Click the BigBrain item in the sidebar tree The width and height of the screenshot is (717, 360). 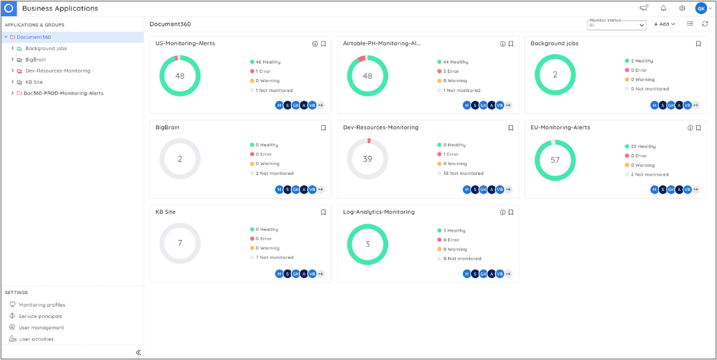pyautogui.click(x=35, y=60)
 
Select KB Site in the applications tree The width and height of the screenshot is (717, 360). pyautogui.click(x=34, y=82)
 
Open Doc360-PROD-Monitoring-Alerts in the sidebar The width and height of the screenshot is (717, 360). pyautogui.click(x=64, y=93)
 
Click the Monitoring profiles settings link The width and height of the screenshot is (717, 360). pyautogui.click(x=41, y=305)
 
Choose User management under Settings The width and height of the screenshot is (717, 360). pyautogui.click(x=41, y=328)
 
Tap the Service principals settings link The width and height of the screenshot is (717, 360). pyautogui.click(x=41, y=317)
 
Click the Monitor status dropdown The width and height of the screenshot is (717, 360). pyautogui.click(x=616, y=25)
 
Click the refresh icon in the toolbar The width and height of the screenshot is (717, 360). pyautogui.click(x=704, y=24)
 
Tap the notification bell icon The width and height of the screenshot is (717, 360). pyautogui.click(x=663, y=8)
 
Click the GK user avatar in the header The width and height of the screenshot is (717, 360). pyautogui.click(x=701, y=8)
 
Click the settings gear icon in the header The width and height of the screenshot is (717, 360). pyautogui.click(x=682, y=8)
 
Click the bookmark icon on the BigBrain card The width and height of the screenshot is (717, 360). pyautogui.click(x=323, y=127)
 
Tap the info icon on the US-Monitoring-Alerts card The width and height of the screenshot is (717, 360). pyautogui.click(x=315, y=43)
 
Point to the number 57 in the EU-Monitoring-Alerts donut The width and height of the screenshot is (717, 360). pyautogui.click(x=555, y=160)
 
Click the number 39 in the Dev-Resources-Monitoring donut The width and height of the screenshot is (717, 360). pyautogui.click(x=368, y=160)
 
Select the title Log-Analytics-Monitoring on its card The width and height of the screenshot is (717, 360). pyautogui.click(x=379, y=212)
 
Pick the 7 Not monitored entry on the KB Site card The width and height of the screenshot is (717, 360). pyautogui.click(x=274, y=258)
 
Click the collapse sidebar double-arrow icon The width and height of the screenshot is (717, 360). pyautogui.click(x=138, y=352)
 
